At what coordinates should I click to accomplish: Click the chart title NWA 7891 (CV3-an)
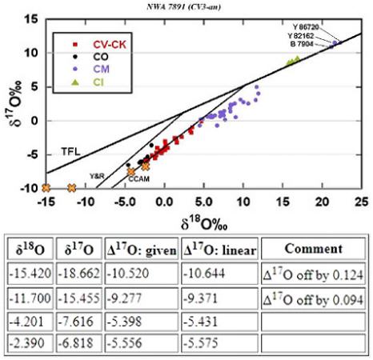(x=186, y=5)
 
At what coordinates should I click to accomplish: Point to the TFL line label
(x=70, y=151)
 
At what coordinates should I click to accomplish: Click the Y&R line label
(x=98, y=174)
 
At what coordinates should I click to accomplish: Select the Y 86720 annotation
(x=306, y=26)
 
